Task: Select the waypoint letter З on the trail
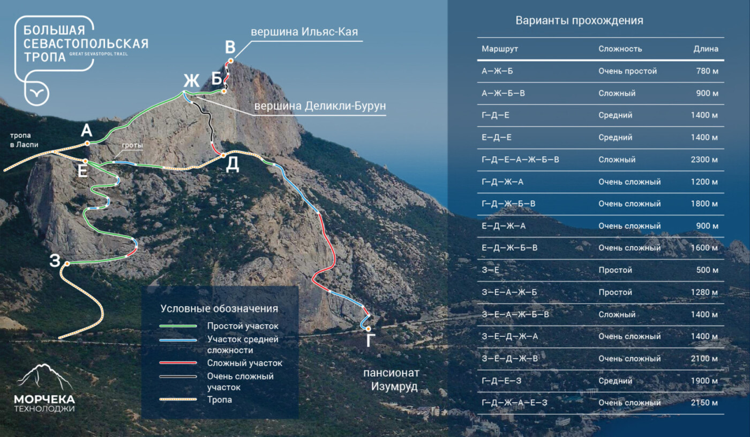[x=55, y=261]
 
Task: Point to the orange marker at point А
[x=86, y=144]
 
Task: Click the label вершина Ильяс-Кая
[x=304, y=33]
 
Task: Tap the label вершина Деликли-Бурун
[x=319, y=106]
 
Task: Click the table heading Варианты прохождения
[x=579, y=21]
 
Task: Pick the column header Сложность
[x=620, y=49]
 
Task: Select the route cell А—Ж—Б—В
[x=503, y=93]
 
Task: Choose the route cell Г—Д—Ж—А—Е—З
[x=514, y=403]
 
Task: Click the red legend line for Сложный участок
[x=179, y=363]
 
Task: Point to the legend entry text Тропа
[x=220, y=400]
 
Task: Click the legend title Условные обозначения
[x=219, y=308]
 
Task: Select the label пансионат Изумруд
[x=391, y=379]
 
